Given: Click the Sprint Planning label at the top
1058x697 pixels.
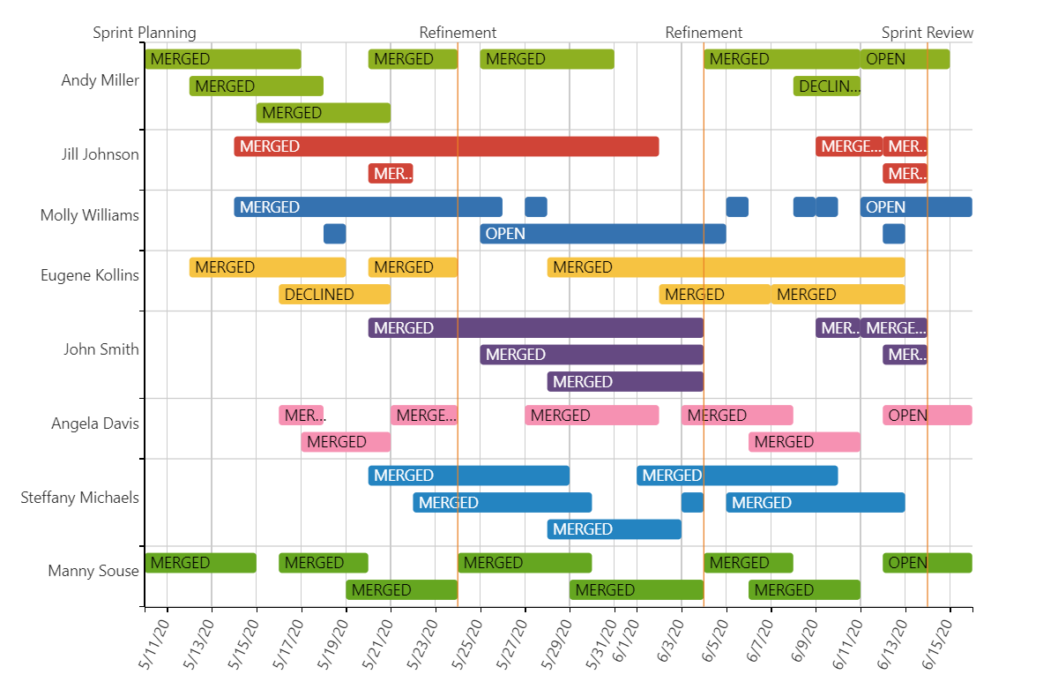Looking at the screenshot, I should pyautogui.click(x=145, y=33).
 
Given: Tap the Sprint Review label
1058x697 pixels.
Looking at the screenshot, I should pyautogui.click(x=928, y=33).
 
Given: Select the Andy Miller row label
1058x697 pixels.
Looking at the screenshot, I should pyautogui.click(x=100, y=80).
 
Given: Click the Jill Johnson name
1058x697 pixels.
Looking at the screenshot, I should pyautogui.click(x=100, y=154).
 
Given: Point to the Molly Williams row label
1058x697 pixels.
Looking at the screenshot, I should pyautogui.click(x=89, y=215).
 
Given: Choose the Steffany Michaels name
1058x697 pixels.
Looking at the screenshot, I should pyautogui.click(x=79, y=498).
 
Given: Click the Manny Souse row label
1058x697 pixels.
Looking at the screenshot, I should pyautogui.click(x=93, y=571).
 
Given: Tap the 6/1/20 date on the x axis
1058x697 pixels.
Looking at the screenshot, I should pyautogui.click(x=626, y=640).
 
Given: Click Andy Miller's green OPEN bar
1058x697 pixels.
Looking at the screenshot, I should pyautogui.click(x=905, y=59).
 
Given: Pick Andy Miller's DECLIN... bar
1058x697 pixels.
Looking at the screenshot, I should pyautogui.click(x=827, y=86).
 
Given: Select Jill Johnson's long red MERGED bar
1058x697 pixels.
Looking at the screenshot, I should pyautogui.click(x=446, y=146).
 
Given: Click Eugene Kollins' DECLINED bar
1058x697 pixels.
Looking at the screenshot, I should pyautogui.click(x=335, y=295).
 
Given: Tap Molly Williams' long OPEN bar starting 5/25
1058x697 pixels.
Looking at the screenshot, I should pyautogui.click(x=603, y=234).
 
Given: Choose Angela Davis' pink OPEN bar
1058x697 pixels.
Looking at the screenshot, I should pyautogui.click(x=928, y=416).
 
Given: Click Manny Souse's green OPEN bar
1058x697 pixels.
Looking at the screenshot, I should pyautogui.click(x=928, y=563).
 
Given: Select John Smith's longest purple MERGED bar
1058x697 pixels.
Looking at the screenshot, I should pyautogui.click(x=536, y=328).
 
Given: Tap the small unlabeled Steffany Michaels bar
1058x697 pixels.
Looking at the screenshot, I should pyautogui.click(x=692, y=503).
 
